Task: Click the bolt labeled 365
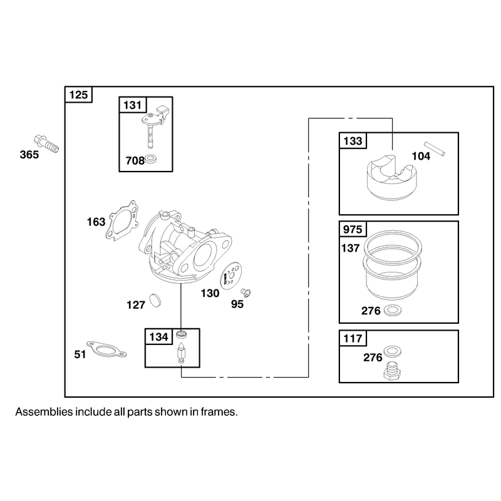(x=46, y=144)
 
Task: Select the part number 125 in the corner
(x=78, y=95)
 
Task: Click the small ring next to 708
(x=150, y=159)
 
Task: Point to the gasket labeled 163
(x=122, y=220)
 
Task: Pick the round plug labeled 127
(x=155, y=300)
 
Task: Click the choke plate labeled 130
(x=231, y=275)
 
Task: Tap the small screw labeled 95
(x=245, y=292)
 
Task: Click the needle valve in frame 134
(x=181, y=353)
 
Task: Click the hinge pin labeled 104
(x=434, y=149)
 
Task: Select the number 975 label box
(x=353, y=229)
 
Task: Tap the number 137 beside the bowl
(x=351, y=248)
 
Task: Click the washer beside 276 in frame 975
(x=393, y=311)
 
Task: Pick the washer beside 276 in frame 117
(x=393, y=351)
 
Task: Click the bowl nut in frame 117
(x=393, y=371)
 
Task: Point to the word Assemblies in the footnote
(x=44, y=412)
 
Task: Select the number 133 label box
(x=353, y=140)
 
